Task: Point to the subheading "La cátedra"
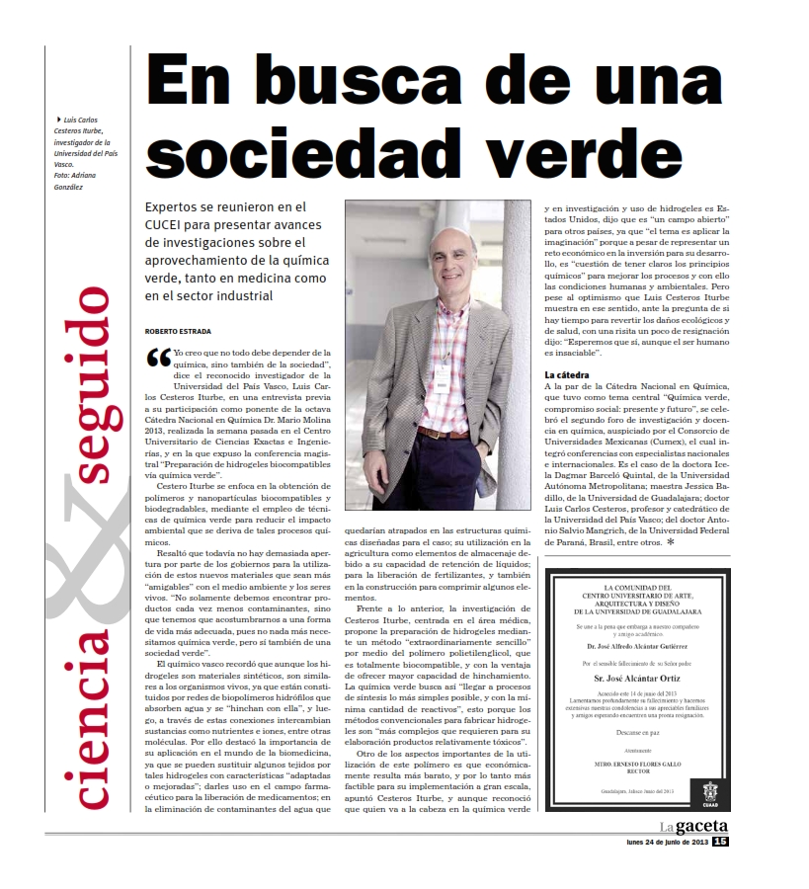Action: (568, 375)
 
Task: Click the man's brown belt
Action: (442, 432)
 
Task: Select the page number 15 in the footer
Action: (719, 842)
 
